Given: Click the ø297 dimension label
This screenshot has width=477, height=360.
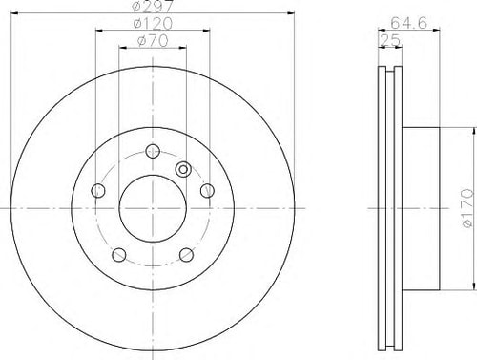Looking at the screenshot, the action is [153, 6].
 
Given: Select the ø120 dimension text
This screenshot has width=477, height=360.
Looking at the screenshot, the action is [153, 23].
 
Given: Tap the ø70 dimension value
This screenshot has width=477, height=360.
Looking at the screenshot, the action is [153, 41].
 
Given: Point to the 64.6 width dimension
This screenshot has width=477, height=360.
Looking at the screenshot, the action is [408, 23].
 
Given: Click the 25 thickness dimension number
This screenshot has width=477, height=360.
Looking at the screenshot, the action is [390, 40].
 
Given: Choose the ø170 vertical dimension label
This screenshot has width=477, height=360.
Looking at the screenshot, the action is [467, 208].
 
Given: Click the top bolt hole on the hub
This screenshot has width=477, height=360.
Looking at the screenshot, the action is [153, 151].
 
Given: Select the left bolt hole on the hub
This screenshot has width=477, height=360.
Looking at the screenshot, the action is [98, 191].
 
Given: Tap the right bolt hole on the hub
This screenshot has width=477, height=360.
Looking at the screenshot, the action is [207, 191].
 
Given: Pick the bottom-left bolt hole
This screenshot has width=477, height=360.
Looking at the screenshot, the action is [119, 255].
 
